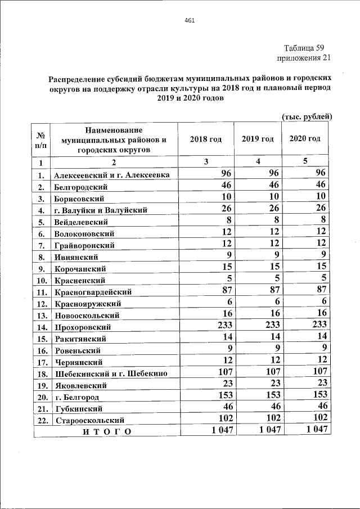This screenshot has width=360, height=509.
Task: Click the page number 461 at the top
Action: coord(189,21)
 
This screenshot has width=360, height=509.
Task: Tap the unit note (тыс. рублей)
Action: coord(307,116)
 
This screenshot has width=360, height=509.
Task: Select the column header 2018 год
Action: coord(206,139)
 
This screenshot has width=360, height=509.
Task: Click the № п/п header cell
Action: coord(41,140)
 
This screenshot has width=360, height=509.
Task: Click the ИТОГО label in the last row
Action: coord(106,431)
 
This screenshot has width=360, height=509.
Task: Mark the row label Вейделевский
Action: coord(84,222)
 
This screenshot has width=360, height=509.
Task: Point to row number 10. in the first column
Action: coord(42,280)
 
